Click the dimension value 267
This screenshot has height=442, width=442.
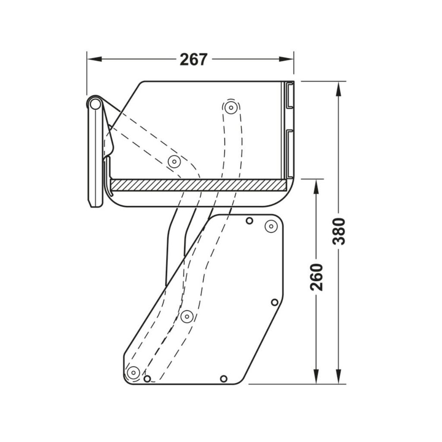pyautogui.click(x=193, y=60)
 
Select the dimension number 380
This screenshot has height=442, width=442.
pyautogui.click(x=339, y=231)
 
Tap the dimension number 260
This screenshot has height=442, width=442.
pyautogui.click(x=317, y=277)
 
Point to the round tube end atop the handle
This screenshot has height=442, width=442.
pyautogui.click(x=95, y=104)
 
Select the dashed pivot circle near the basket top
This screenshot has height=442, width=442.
pyautogui.click(x=231, y=107)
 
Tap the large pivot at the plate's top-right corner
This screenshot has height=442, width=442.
pyautogui.click(x=271, y=226)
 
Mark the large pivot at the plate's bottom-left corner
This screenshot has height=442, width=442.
pyautogui.click(x=133, y=372)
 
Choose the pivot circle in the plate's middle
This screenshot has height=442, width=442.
pyautogui.click(x=186, y=316)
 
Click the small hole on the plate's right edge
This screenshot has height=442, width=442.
pyautogui.click(x=275, y=302)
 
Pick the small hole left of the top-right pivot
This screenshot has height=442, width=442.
pyautogui.click(x=249, y=221)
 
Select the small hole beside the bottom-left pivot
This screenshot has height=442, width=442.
pyautogui.click(x=147, y=379)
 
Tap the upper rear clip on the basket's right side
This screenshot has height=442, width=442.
pyautogui.click(x=289, y=95)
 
